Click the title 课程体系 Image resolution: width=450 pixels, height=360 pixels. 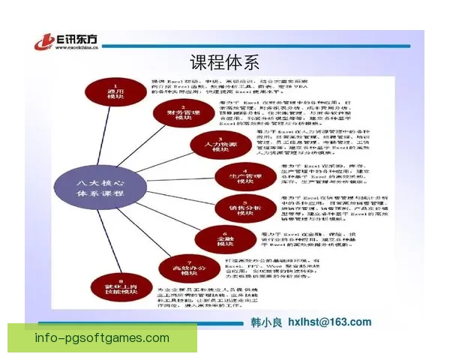pos(224,61)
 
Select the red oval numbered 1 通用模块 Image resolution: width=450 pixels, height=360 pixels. pos(115,91)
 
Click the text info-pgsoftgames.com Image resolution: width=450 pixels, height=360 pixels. pos(102,337)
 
